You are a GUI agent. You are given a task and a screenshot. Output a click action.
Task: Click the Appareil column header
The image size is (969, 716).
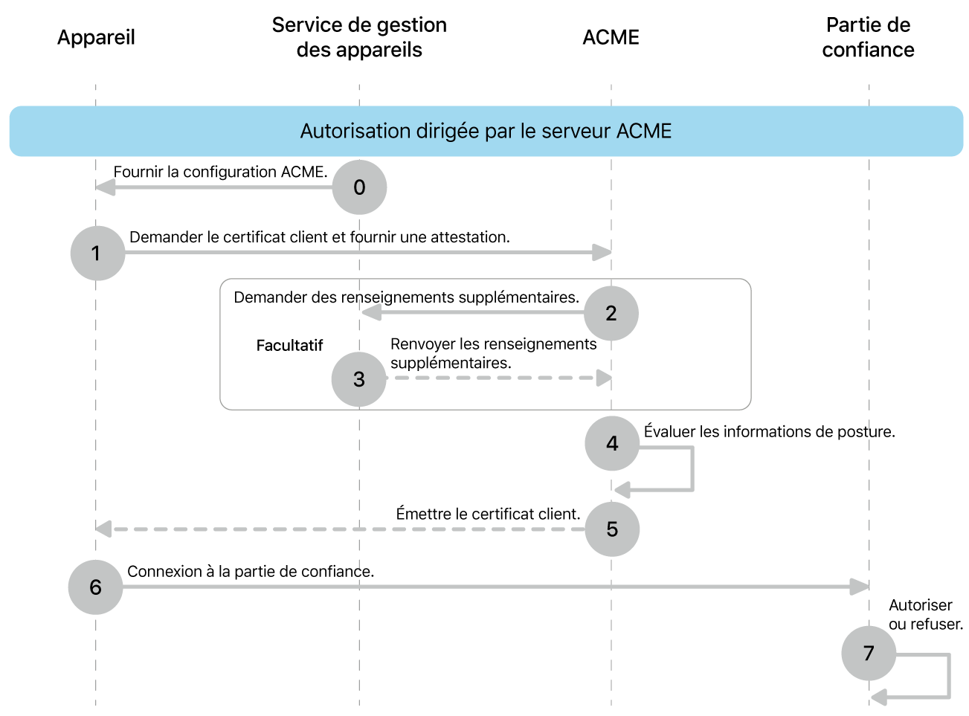point(96,37)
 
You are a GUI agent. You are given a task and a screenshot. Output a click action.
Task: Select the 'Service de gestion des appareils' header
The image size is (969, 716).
point(359,37)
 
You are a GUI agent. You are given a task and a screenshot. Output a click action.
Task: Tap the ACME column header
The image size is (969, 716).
point(611,37)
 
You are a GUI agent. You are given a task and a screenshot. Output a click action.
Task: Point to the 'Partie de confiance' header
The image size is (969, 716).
point(868,37)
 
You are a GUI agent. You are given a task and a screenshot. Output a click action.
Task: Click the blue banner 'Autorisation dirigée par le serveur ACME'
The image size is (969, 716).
point(486,131)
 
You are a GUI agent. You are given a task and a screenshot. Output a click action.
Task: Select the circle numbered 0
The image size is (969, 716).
point(359,187)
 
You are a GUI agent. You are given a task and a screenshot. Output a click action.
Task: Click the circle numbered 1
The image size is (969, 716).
point(97,254)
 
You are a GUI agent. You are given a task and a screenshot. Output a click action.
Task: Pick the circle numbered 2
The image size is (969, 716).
point(611,313)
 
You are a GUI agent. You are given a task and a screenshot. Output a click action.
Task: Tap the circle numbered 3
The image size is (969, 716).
point(359,379)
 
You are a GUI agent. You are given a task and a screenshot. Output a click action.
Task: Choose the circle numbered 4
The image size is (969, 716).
point(612,444)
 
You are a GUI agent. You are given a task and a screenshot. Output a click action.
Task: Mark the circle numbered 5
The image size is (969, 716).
point(612,529)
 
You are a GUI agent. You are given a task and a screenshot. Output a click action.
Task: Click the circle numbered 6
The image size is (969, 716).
point(95,587)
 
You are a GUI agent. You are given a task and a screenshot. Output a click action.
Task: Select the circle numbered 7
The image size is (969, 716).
point(869,654)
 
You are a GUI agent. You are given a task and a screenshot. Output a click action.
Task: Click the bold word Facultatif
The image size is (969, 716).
point(289,346)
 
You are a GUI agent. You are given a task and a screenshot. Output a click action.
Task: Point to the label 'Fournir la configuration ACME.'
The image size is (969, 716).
point(220,172)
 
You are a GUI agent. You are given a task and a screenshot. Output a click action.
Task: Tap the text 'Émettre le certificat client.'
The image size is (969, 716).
point(488,514)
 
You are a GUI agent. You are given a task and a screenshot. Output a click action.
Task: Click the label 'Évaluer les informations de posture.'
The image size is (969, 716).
point(769,432)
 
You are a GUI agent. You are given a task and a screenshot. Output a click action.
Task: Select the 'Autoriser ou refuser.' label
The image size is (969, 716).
point(925,615)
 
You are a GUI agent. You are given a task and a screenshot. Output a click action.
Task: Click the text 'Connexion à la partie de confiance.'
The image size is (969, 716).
point(251,571)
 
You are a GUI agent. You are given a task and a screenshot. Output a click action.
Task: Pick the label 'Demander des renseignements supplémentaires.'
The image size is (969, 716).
point(406,297)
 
